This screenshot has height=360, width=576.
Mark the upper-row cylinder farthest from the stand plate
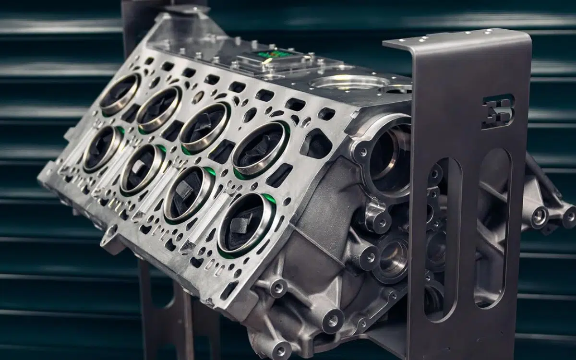pyautogui.click(x=120, y=95)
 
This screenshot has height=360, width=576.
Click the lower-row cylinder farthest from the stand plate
pyautogui.click(x=102, y=149)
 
